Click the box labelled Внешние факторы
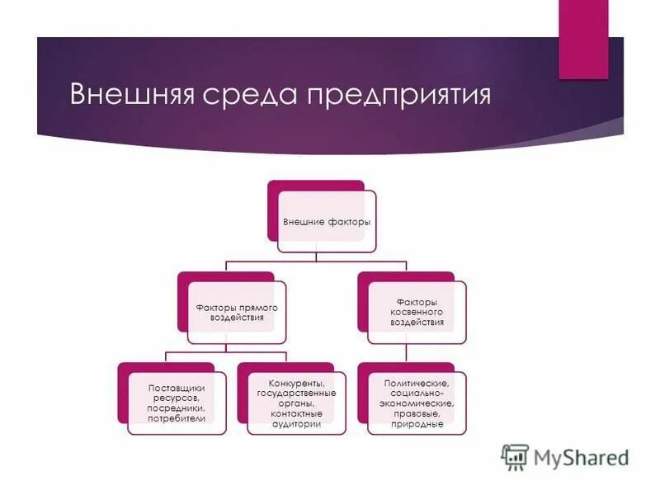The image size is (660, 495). tap(327, 222)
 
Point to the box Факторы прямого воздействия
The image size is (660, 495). tap(236, 313)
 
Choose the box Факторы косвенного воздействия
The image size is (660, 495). tap(417, 313)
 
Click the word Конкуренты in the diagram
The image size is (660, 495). tap(296, 383)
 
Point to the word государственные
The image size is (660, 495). tap(296, 393)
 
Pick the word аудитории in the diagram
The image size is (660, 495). tap(296, 423)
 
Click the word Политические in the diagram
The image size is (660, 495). tap(416, 384)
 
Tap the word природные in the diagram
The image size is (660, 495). tap(416, 424)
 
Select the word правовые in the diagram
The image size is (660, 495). tap(416, 413)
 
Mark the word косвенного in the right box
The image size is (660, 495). tap(417, 313)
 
